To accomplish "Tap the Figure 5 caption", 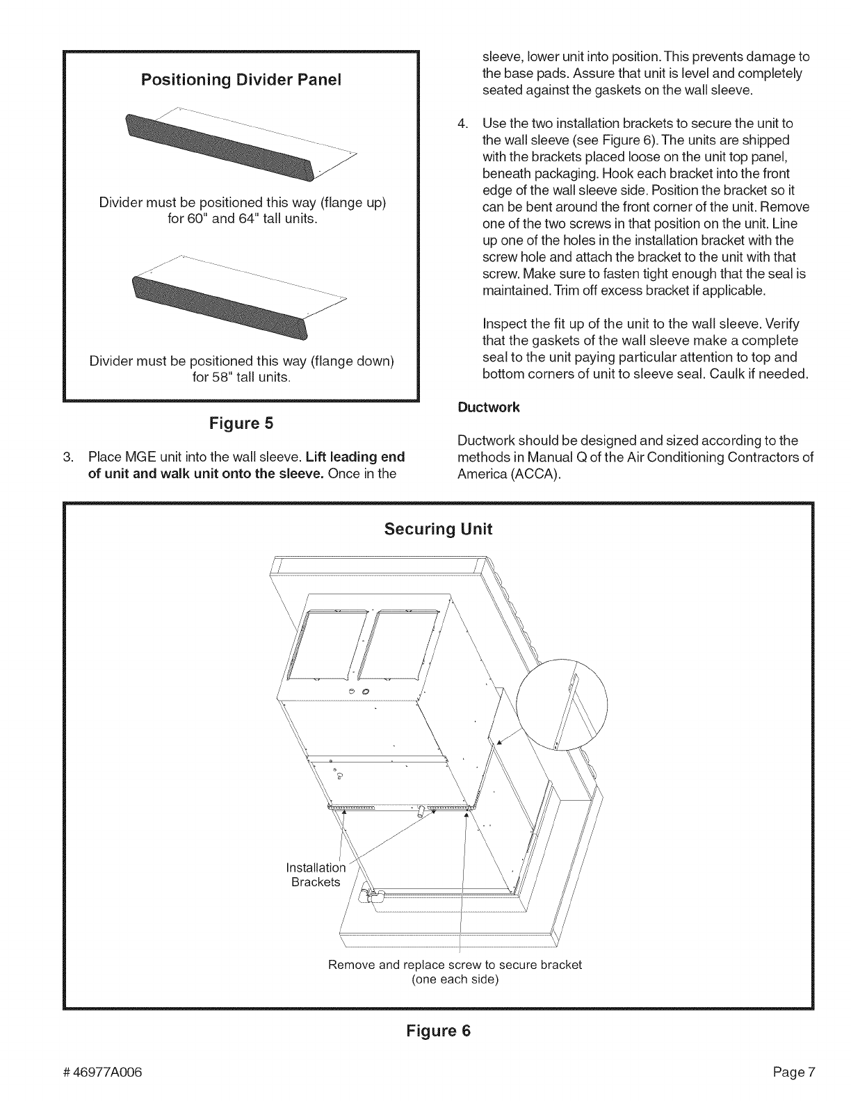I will (x=241, y=423).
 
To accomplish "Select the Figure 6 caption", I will (x=438, y=1031).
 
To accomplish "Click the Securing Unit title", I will (x=438, y=529).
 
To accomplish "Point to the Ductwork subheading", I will (x=488, y=407).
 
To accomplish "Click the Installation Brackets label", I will (x=316, y=874).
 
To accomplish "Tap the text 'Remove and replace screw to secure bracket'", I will (x=455, y=965).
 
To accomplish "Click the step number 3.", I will (x=67, y=457).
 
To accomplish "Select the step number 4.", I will (x=461, y=123).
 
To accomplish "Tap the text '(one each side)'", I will (x=455, y=979).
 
